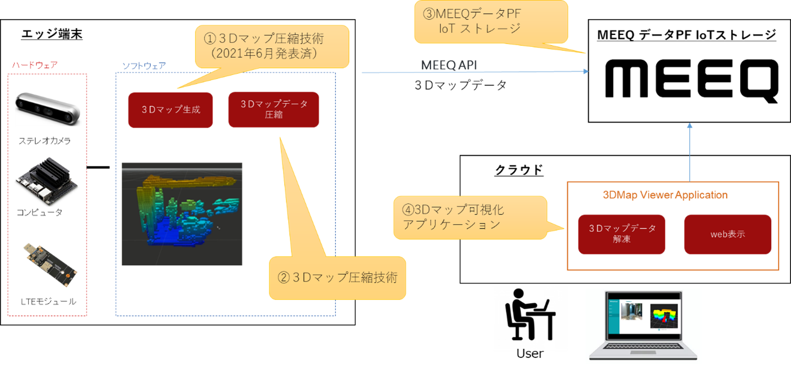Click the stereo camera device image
[48, 109]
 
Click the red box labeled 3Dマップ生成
[170, 110]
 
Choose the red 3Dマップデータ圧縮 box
[273, 109]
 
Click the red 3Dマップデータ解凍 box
[621, 234]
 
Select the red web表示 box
[727, 234]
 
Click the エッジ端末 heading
[52, 34]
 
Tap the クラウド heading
[519, 169]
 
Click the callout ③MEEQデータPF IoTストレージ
[490, 21]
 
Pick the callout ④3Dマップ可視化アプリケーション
[470, 217]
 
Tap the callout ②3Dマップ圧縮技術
[337, 278]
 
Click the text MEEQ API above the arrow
[449, 65]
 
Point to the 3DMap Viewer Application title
[665, 195]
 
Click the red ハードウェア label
[35, 64]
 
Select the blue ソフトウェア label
[144, 65]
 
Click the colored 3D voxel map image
[182, 214]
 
